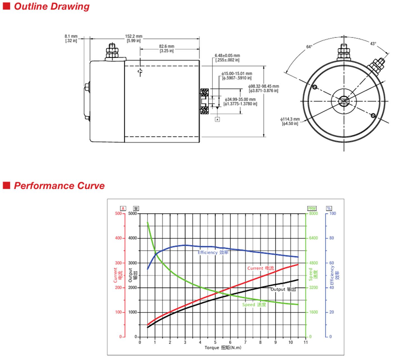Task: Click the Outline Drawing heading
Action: (x=52, y=6)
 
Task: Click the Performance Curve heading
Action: (x=59, y=186)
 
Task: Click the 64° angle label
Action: (x=309, y=47)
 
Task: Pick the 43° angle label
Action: (x=373, y=44)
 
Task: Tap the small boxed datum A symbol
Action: (x=217, y=120)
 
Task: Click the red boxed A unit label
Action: (x=123, y=208)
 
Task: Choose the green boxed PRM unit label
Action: (x=312, y=208)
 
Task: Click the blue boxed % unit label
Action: (x=329, y=208)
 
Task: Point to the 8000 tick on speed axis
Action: (x=313, y=214)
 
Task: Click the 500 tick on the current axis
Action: (x=118, y=214)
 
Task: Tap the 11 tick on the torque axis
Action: (x=306, y=342)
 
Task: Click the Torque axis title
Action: (x=223, y=348)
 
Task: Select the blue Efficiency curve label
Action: (x=213, y=253)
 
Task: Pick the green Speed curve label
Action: (x=254, y=305)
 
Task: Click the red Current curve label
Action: (x=261, y=268)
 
